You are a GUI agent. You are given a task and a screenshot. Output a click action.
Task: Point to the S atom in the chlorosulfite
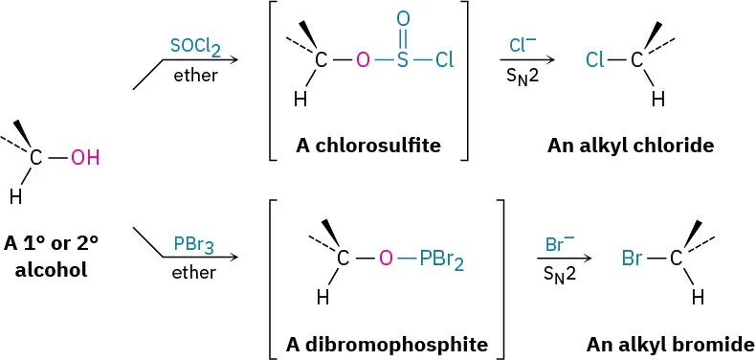[x=403, y=61]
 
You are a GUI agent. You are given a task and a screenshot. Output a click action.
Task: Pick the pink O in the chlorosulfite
[x=362, y=61]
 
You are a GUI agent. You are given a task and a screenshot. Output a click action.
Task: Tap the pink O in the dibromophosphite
[x=386, y=258]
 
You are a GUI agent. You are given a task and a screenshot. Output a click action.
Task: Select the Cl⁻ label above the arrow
[x=523, y=45]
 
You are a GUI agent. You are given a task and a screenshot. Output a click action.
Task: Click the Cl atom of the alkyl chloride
[x=594, y=61]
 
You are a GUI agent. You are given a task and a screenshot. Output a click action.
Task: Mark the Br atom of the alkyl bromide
[x=632, y=258]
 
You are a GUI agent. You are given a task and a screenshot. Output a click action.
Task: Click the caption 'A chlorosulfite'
[x=368, y=146]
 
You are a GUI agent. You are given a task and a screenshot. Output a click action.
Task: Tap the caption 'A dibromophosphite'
[x=386, y=343]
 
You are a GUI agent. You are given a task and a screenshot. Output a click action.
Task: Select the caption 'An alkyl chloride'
[x=631, y=146]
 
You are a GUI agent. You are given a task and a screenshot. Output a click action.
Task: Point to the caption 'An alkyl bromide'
[x=670, y=343]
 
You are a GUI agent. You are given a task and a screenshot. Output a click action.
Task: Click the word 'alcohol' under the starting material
[x=57, y=269]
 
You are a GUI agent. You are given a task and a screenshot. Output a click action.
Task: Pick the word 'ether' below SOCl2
[x=195, y=75]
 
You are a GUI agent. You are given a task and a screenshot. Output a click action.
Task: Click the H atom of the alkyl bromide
[x=698, y=297]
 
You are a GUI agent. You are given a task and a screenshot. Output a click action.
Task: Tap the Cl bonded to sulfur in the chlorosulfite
[x=444, y=61]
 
